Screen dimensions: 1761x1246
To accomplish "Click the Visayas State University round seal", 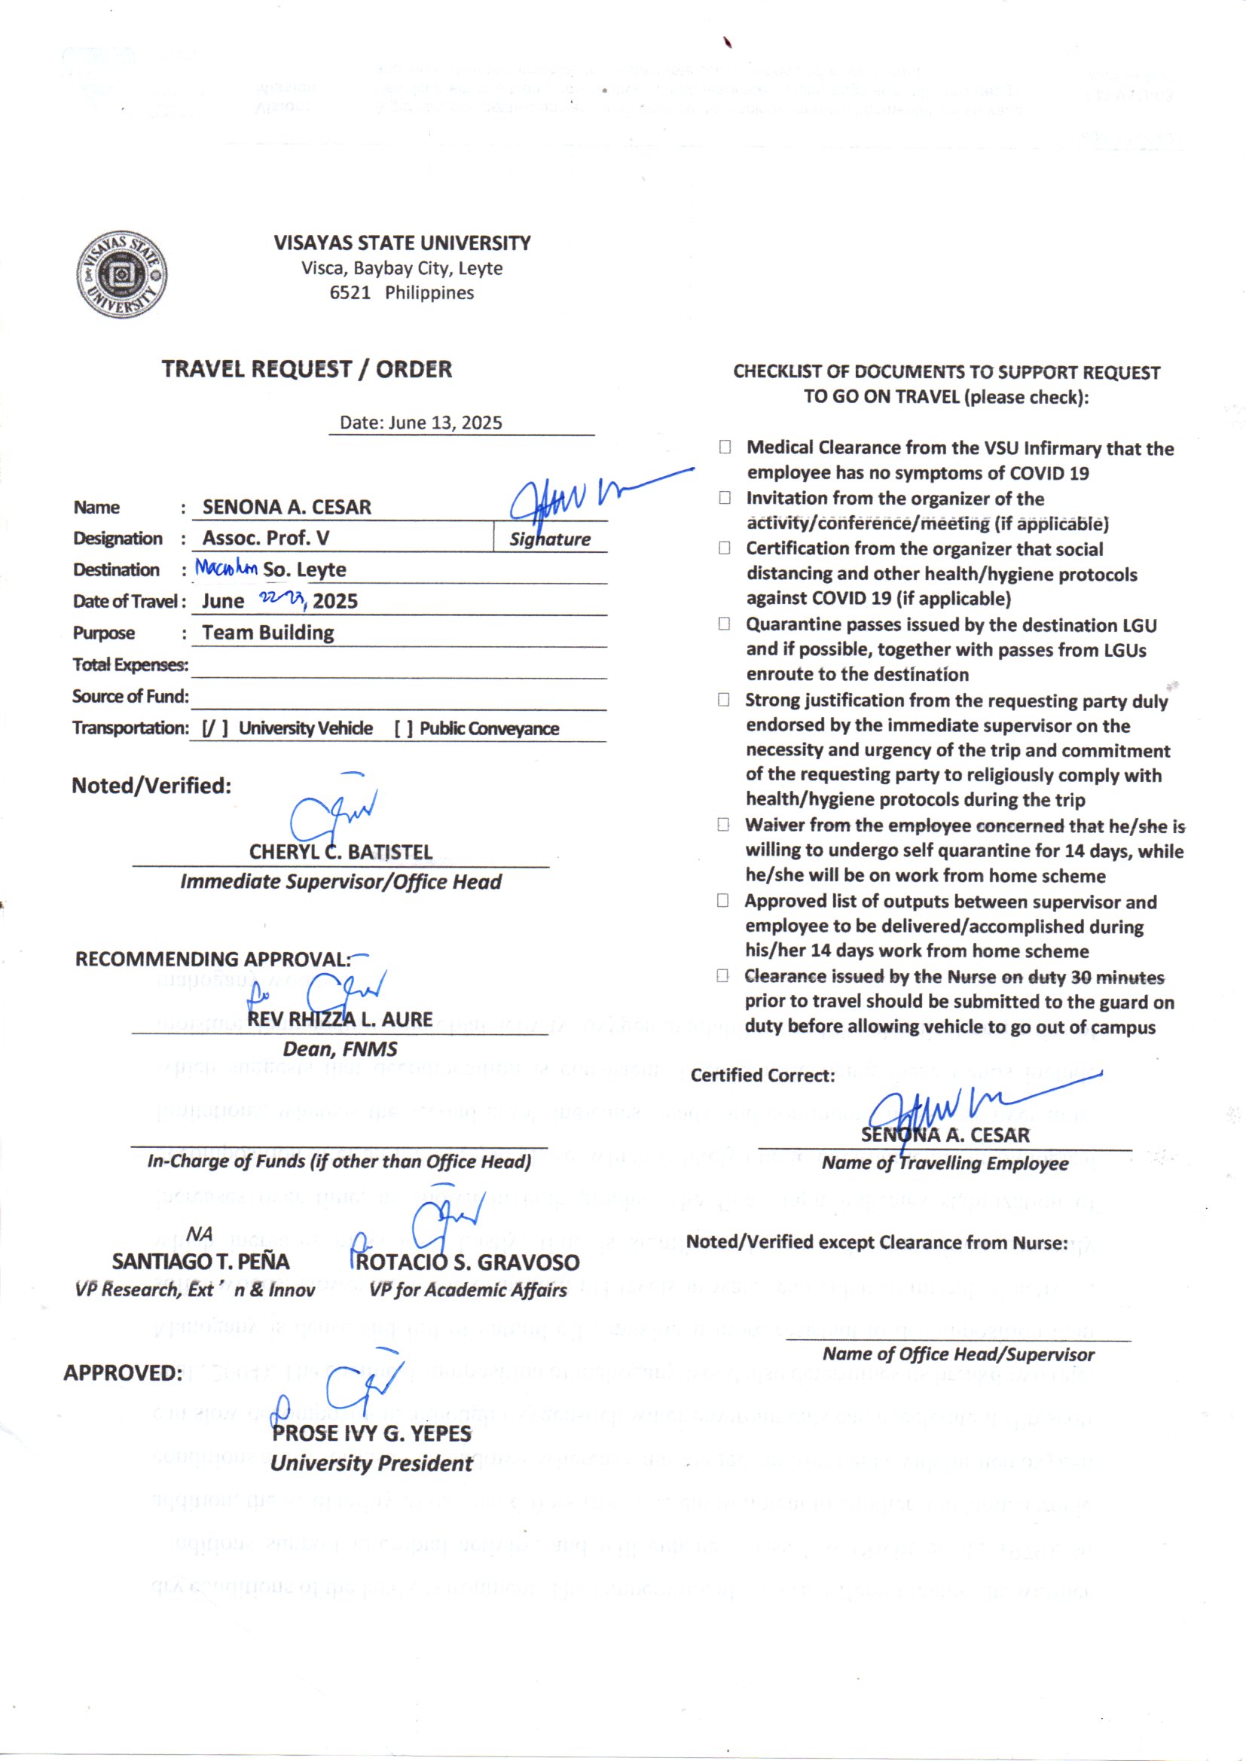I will (121, 275).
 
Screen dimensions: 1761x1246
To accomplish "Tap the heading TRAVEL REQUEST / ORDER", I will (306, 369).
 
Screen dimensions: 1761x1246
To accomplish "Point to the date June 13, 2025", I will (421, 423).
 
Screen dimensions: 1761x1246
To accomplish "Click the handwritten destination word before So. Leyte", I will (225, 568).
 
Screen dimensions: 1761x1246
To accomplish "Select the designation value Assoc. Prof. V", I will (265, 538).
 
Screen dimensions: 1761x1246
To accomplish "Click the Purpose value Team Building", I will (267, 633).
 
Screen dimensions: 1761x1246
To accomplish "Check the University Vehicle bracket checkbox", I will (215, 728).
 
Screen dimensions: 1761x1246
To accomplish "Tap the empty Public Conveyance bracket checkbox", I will (404, 728).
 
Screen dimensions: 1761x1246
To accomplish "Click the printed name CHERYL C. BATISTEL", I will (341, 852).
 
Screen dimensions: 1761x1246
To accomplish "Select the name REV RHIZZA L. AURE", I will (340, 1019).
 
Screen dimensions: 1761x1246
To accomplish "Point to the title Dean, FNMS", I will (340, 1048).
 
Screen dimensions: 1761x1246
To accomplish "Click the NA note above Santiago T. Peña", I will (199, 1233).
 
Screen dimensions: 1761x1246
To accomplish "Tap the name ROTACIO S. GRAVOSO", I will (466, 1262).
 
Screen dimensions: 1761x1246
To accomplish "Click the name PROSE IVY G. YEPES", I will (371, 1433).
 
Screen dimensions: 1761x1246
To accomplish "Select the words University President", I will (371, 1463).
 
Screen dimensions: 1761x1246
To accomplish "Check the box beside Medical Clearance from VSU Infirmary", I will (724, 447).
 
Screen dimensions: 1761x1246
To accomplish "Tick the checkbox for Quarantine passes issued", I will (723, 624).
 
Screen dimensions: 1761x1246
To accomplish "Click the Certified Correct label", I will (762, 1076).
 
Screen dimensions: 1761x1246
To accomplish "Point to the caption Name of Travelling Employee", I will (945, 1163).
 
